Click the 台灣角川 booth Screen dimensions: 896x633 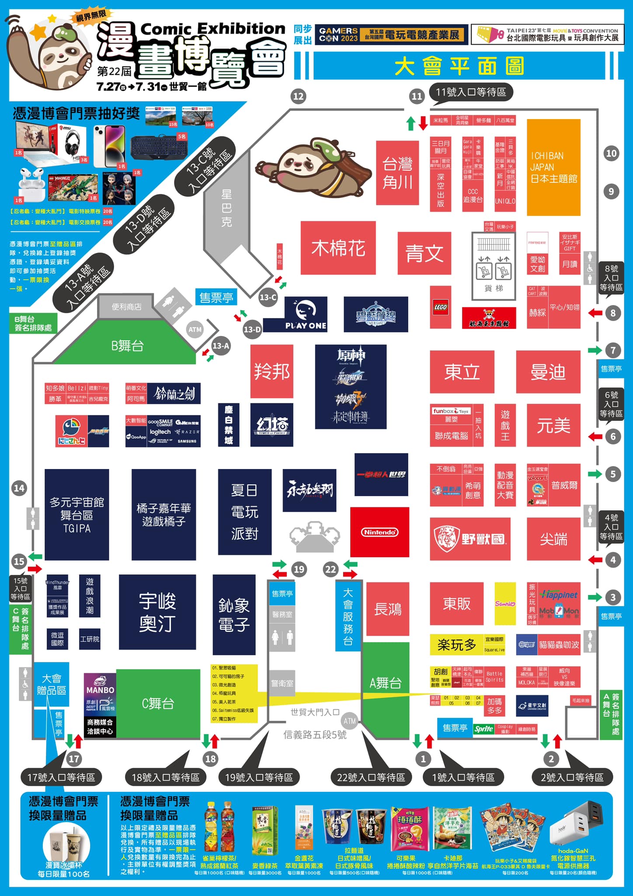[x=397, y=173]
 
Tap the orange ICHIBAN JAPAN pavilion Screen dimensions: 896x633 [x=553, y=167]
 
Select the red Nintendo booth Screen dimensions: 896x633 [x=379, y=532]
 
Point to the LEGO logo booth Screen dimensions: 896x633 [x=440, y=307]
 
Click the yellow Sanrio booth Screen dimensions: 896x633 [x=505, y=603]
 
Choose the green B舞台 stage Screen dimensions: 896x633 [x=127, y=346]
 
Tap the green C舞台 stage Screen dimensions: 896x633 [x=158, y=703]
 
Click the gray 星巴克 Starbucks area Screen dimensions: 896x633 [x=227, y=208]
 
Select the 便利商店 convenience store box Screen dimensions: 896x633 [x=126, y=307]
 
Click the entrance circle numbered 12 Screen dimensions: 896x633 [x=298, y=96]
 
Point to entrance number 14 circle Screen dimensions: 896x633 [x=19, y=488]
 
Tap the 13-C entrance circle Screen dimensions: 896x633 [x=268, y=297]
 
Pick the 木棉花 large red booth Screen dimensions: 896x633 [x=338, y=248]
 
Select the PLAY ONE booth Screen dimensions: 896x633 [x=306, y=314]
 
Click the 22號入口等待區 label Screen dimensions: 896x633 [x=371, y=777]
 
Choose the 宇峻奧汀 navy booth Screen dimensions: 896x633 [x=157, y=612]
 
